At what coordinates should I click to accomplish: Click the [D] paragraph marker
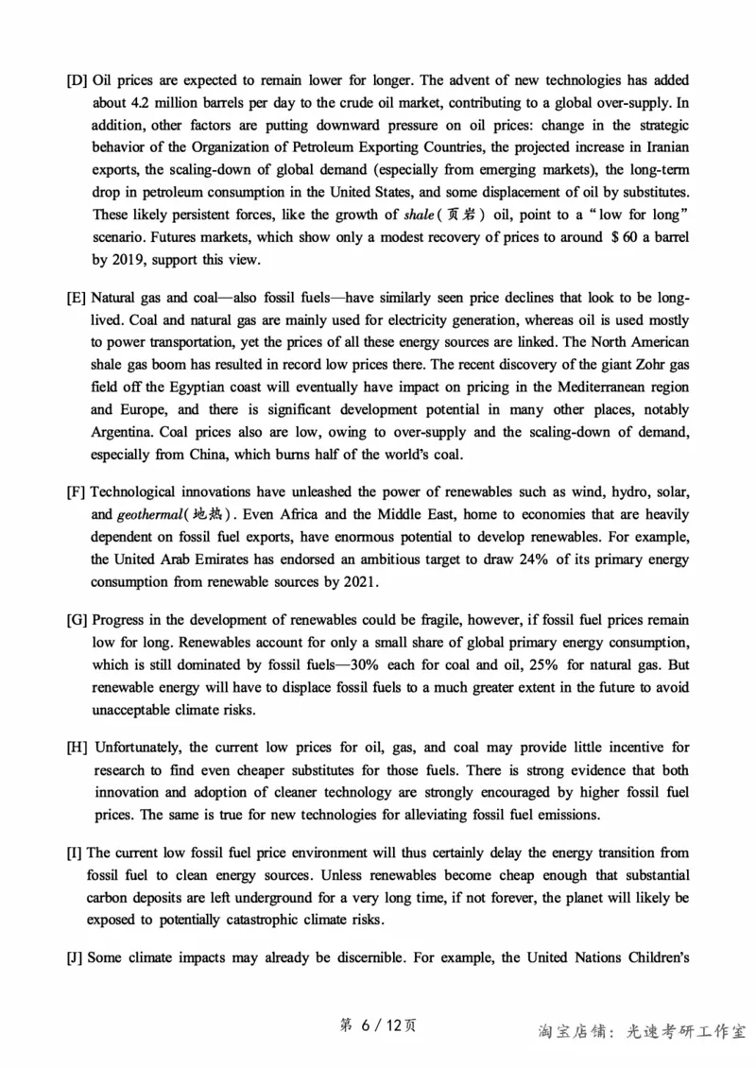pos(77,78)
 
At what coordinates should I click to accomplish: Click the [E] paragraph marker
pos(77,298)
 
